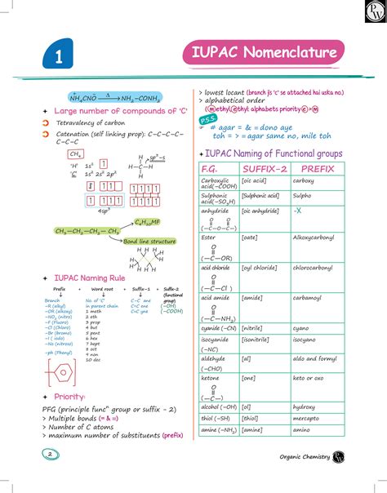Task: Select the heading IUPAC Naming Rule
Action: (x=89, y=278)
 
